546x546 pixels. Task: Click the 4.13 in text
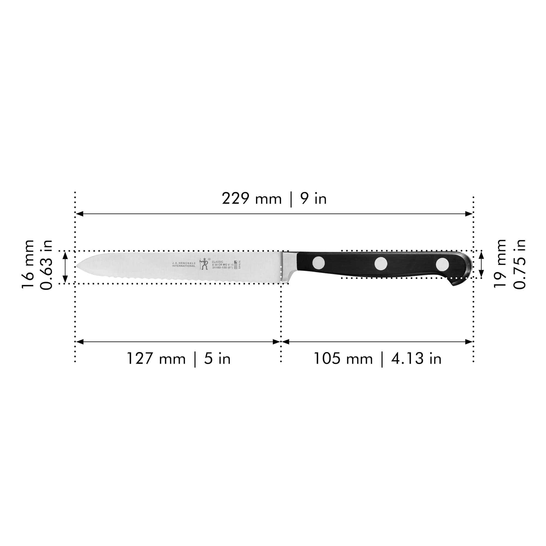tap(416, 359)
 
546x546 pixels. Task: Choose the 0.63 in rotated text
tap(46, 265)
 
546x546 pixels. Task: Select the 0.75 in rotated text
tap(520, 264)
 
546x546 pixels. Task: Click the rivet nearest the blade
tap(319, 263)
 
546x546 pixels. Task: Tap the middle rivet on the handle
tap(381, 263)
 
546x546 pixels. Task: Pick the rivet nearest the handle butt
tap(442, 264)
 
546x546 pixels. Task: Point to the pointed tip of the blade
tap(78, 266)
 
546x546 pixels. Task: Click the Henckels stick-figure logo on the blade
tap(204, 264)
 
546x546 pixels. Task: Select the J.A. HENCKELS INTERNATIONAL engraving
tap(184, 264)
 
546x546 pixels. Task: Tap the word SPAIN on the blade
tap(240, 264)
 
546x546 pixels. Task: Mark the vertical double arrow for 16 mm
tap(65, 267)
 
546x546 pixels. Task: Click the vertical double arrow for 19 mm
tap(481, 264)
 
